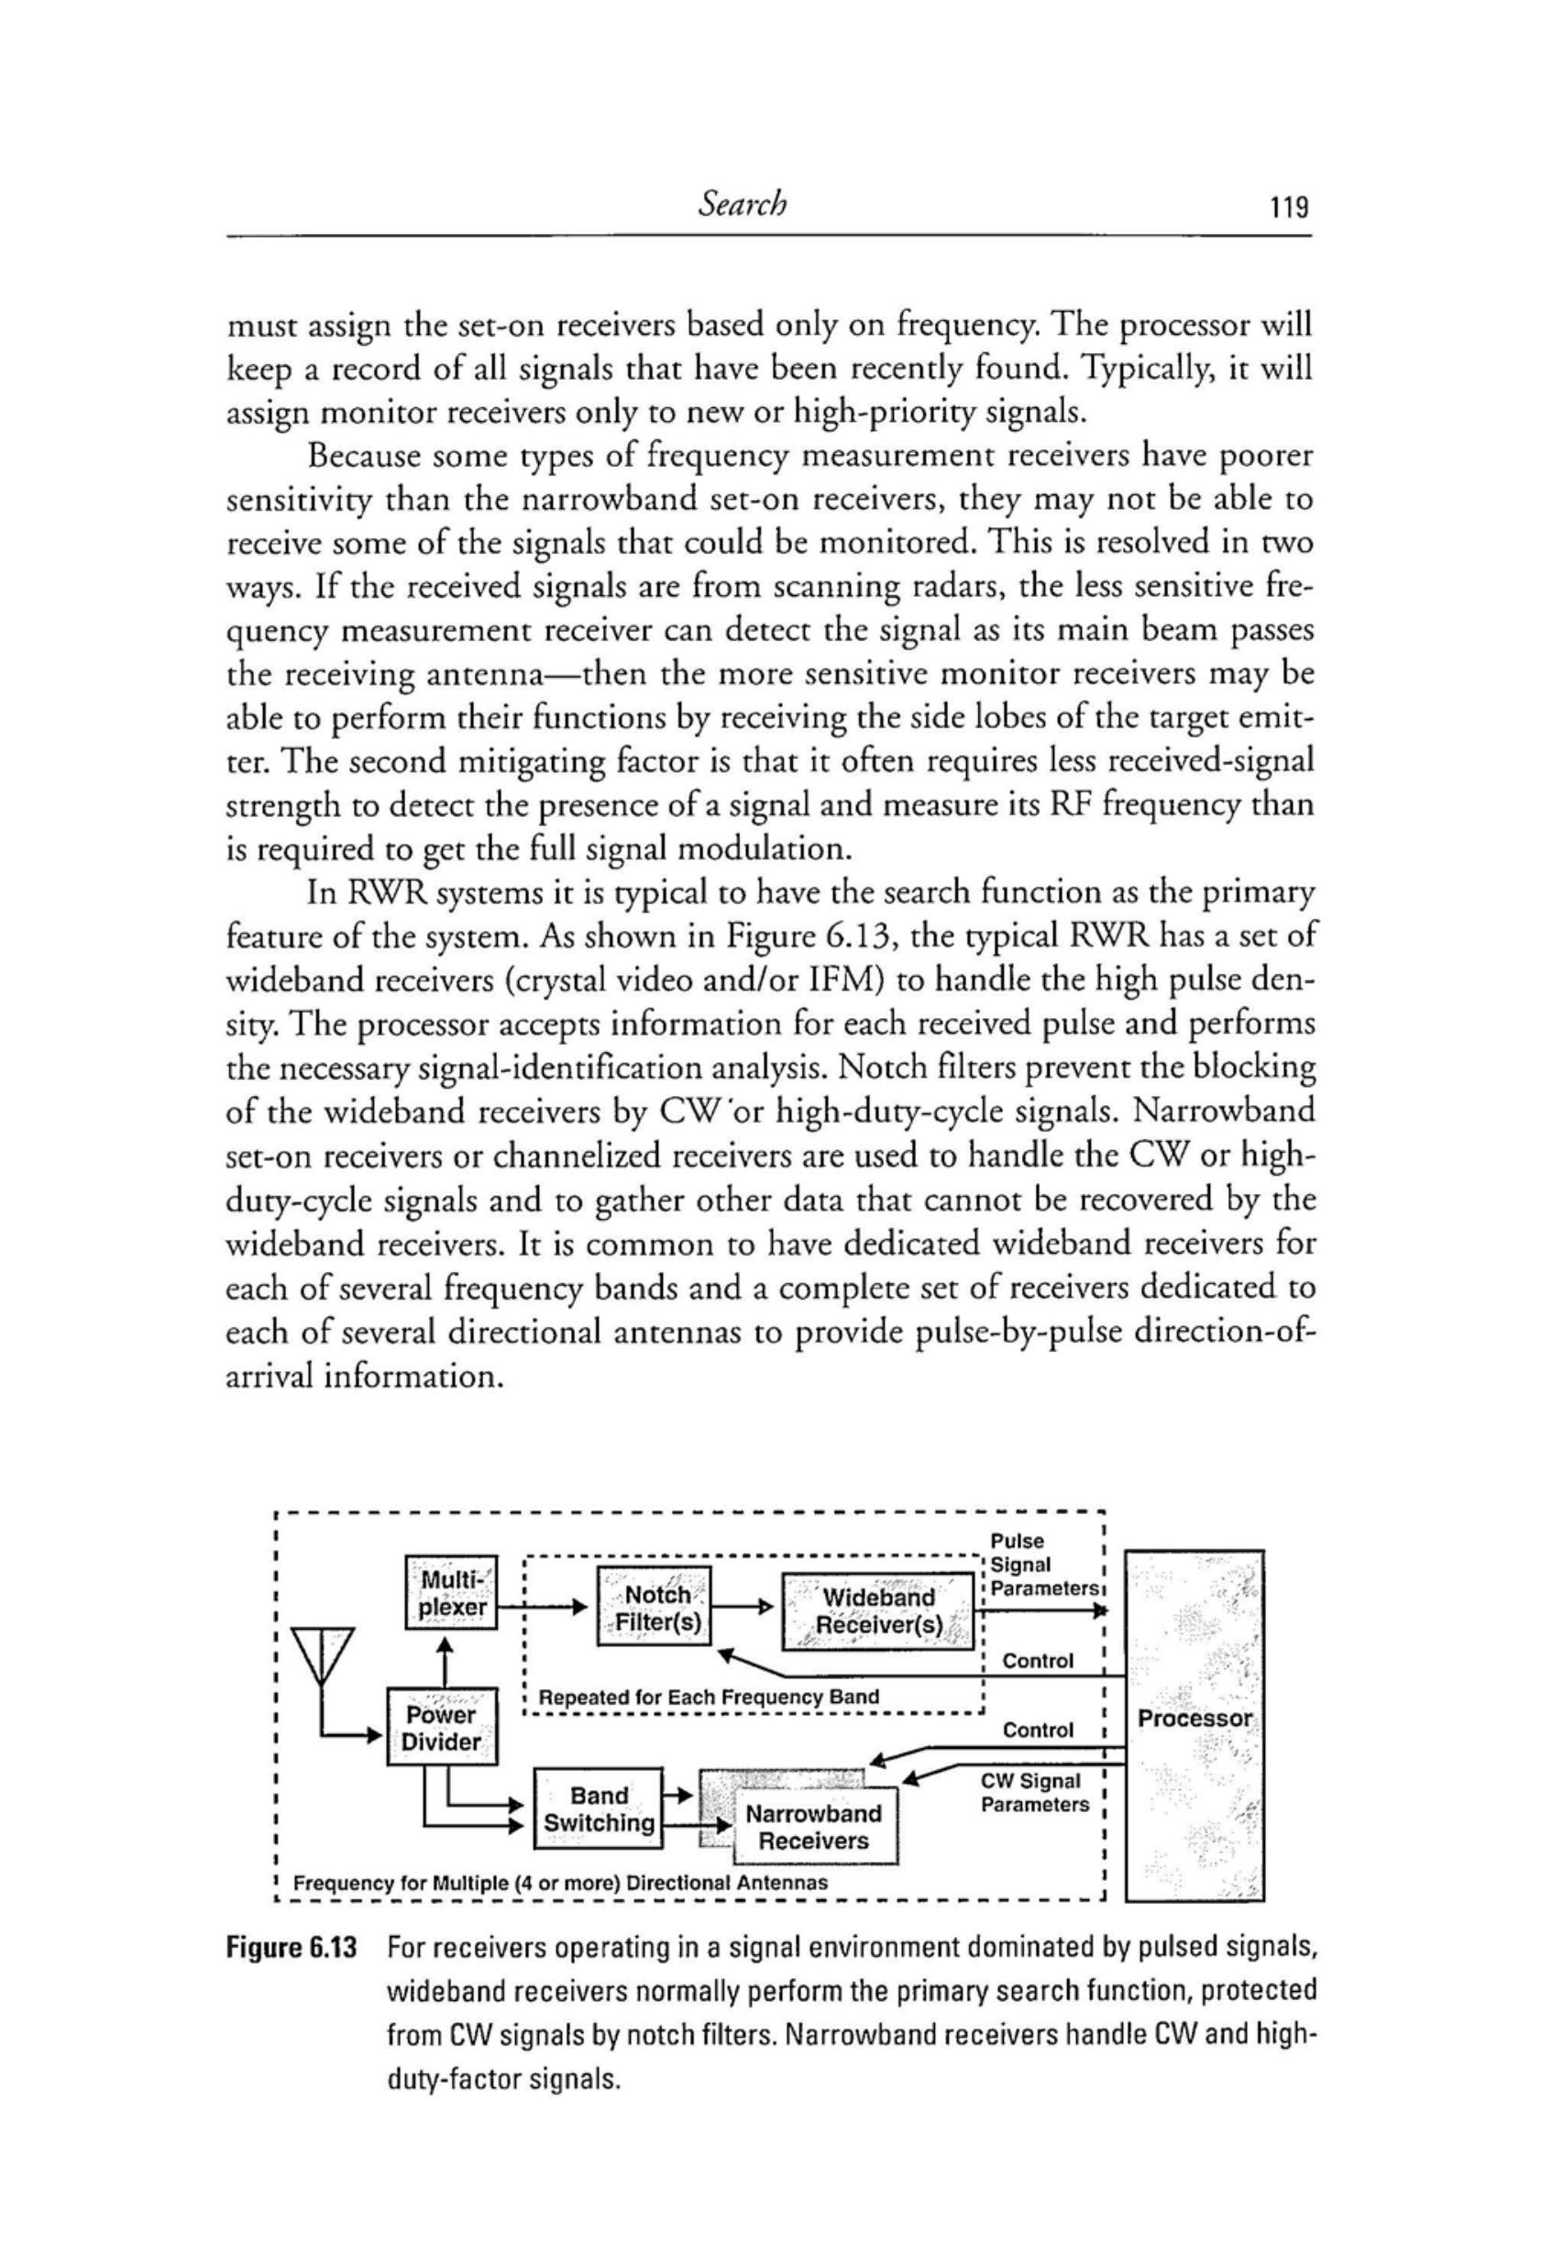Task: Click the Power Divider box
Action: (442, 1728)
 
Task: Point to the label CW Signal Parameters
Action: (1034, 1794)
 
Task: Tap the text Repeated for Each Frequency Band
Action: (708, 1696)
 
